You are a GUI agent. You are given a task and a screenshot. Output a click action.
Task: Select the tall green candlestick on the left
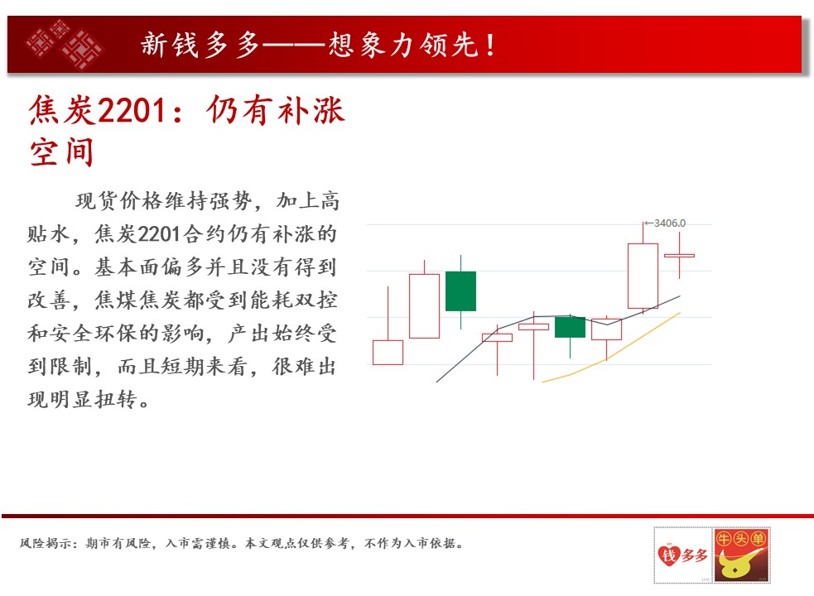point(460,291)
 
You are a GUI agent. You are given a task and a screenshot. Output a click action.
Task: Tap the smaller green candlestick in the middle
point(570,327)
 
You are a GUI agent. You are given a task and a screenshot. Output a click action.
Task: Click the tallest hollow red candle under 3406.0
point(643,276)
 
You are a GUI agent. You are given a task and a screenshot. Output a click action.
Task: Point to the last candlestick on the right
point(679,256)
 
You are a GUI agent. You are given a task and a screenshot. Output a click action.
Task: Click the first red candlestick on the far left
point(388,352)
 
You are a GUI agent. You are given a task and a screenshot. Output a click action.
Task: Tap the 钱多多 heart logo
point(682,555)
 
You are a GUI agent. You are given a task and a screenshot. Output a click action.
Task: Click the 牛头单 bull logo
point(741,555)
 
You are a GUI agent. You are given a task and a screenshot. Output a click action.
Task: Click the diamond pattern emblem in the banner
point(65,45)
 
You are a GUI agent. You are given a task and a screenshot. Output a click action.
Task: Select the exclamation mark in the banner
point(490,46)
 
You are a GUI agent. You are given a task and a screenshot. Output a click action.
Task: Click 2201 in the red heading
point(132,111)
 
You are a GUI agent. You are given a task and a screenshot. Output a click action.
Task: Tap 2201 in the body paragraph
point(159,234)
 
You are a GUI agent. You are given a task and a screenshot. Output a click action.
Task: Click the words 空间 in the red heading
point(62,152)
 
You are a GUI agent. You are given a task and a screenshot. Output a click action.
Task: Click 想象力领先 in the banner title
point(402,46)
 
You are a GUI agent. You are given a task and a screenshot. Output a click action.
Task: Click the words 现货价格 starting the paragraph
point(119,201)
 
